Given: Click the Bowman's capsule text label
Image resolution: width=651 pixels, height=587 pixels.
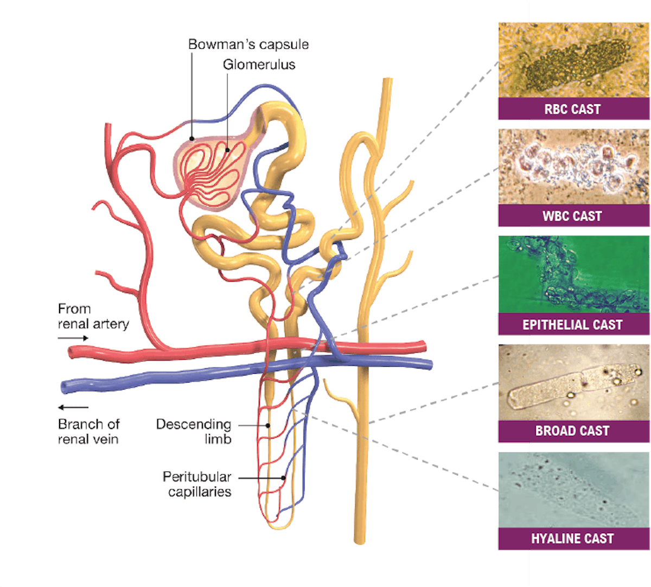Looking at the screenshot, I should click(248, 44).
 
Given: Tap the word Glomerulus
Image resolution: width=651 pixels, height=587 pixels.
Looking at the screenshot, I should click(259, 65).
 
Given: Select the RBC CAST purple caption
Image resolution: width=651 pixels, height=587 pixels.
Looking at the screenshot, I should click(572, 109).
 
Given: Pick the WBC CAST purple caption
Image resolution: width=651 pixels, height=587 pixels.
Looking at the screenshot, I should click(572, 216).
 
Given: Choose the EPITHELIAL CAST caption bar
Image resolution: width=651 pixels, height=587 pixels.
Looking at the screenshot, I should click(572, 324).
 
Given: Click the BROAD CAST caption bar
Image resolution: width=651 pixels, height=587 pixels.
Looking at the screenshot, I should click(572, 431).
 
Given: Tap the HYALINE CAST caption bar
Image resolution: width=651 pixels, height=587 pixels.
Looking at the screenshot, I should click(572, 539).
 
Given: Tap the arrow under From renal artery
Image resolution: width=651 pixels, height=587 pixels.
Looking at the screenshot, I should click(73, 338).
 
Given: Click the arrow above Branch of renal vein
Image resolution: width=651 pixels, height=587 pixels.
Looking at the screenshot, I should click(73, 407).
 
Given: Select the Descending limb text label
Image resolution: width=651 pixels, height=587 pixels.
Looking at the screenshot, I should click(194, 431).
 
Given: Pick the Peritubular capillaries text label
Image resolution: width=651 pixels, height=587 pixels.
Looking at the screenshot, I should click(197, 484).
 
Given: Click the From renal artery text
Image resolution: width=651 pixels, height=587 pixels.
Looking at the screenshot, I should click(93, 316).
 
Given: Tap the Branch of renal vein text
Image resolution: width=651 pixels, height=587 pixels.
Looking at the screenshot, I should click(88, 431).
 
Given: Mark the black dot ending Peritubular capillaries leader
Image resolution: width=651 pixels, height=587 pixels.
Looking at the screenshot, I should click(284, 478).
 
